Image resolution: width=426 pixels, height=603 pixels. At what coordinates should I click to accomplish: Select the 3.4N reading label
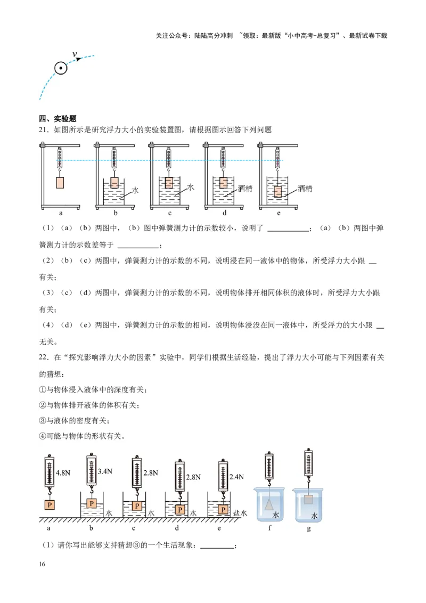click(106, 471)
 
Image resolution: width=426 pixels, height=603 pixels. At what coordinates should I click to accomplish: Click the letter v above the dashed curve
click(75, 54)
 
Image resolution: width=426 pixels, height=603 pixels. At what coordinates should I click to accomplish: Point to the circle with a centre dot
click(61, 68)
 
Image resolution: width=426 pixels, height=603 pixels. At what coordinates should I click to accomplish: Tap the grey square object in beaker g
click(308, 500)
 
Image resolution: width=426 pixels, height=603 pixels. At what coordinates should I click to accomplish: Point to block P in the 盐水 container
click(223, 510)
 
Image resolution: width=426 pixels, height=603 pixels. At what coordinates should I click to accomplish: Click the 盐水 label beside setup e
click(241, 513)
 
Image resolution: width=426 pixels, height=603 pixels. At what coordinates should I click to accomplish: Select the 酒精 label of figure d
click(244, 188)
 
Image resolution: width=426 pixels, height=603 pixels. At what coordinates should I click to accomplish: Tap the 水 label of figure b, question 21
click(135, 190)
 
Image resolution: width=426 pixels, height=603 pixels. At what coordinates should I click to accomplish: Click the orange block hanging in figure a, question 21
click(61, 182)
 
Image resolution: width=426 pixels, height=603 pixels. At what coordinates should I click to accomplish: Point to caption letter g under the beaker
click(309, 528)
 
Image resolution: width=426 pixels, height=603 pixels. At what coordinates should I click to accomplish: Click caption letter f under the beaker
click(271, 528)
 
